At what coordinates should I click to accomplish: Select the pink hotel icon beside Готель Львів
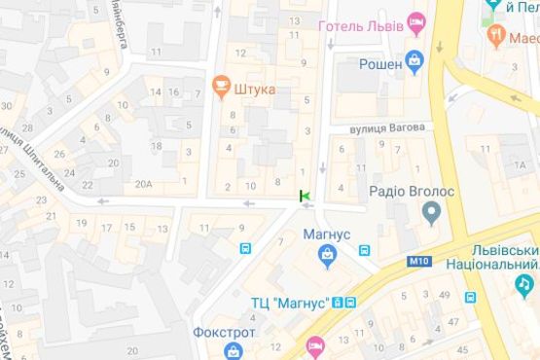416,21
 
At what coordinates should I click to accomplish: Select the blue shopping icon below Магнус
328,256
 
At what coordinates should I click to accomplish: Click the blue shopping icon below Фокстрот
233,350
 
